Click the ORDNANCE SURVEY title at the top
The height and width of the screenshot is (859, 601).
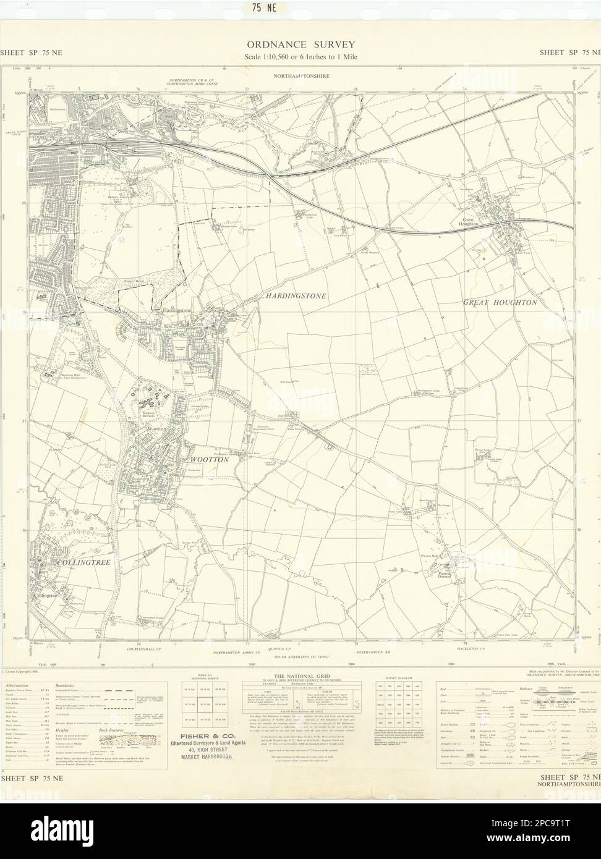[300, 44]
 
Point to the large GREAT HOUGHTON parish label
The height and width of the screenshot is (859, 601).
[500, 303]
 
